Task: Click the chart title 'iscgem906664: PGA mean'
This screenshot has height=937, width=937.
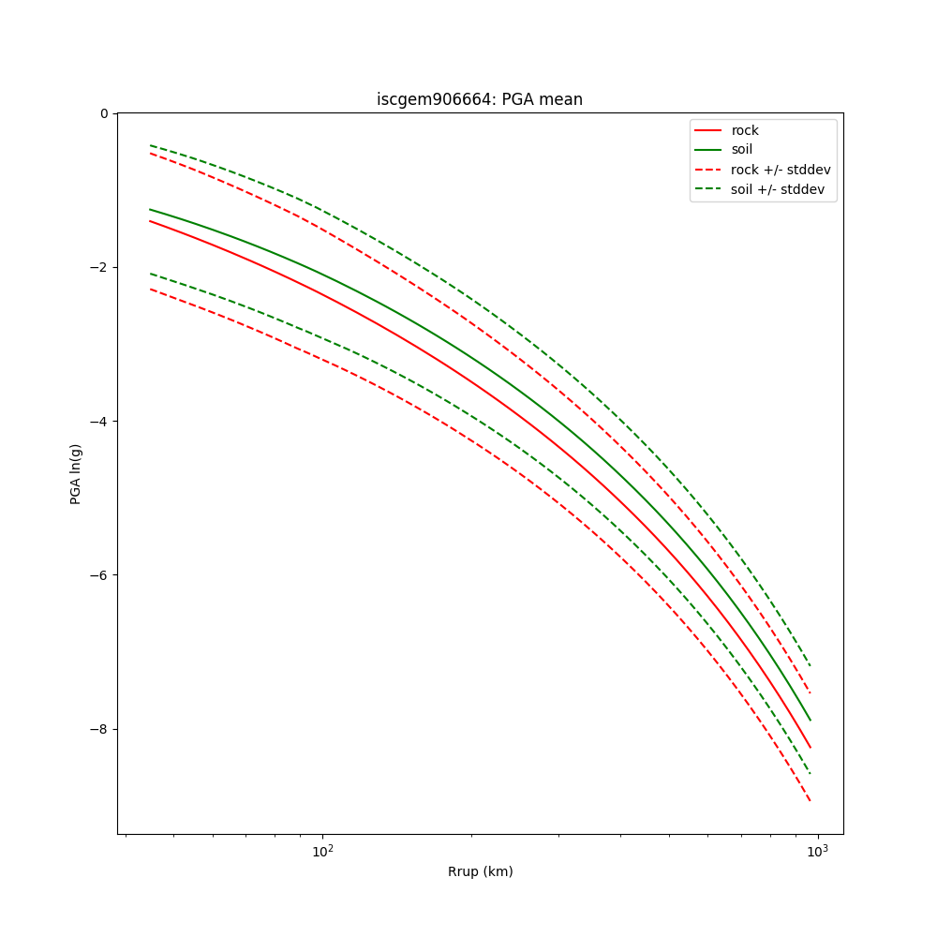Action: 480,99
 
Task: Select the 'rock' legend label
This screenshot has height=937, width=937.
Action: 745,130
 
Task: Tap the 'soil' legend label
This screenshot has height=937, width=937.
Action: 742,150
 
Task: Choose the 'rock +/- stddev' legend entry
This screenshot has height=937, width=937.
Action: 781,170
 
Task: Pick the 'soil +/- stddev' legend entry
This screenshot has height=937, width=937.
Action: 780,189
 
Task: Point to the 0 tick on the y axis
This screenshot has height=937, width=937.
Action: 103,113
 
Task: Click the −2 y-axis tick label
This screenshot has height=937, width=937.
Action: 98,267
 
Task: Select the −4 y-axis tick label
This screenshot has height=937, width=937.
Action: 98,422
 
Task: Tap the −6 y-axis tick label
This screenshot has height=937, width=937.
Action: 98,575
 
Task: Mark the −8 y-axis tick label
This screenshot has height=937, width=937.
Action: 98,729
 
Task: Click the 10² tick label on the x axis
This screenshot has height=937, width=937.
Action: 322,851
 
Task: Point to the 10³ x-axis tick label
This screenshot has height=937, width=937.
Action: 818,851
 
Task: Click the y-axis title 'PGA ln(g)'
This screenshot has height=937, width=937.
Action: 76,473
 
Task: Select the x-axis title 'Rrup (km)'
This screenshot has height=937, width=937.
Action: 480,871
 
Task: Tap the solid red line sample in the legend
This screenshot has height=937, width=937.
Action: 707,130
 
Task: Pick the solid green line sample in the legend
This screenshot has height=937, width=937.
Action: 707,150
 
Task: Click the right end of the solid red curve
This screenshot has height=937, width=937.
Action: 810,748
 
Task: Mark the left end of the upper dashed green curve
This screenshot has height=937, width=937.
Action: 150,145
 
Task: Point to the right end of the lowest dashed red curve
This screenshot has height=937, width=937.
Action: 810,800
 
